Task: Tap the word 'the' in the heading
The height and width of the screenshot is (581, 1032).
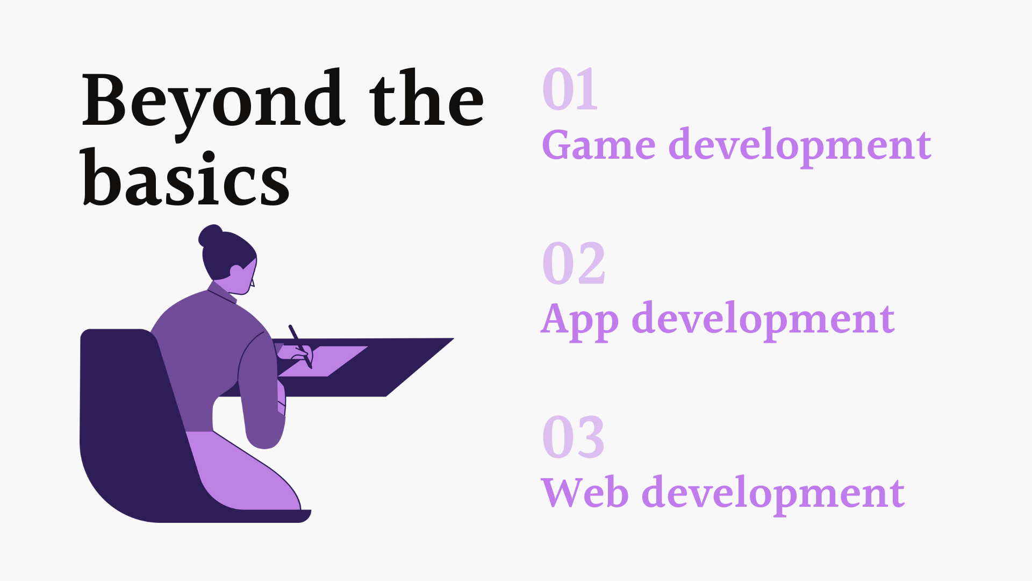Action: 426,100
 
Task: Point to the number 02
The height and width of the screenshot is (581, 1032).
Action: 574,263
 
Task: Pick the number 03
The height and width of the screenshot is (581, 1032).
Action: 574,437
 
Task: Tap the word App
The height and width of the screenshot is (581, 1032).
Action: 579,321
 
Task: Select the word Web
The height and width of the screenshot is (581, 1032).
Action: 585,492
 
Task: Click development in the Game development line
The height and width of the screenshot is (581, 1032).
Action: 800,147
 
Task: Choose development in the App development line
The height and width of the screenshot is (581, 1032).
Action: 763,321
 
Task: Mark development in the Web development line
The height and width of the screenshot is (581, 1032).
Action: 773,495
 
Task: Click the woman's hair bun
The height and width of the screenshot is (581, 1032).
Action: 210,235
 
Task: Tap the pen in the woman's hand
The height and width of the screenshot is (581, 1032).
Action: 300,346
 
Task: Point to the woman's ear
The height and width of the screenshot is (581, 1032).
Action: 236,272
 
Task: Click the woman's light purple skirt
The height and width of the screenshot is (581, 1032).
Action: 242,471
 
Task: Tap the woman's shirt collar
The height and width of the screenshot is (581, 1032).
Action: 221,292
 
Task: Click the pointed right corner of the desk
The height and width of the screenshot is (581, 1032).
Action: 453,338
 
